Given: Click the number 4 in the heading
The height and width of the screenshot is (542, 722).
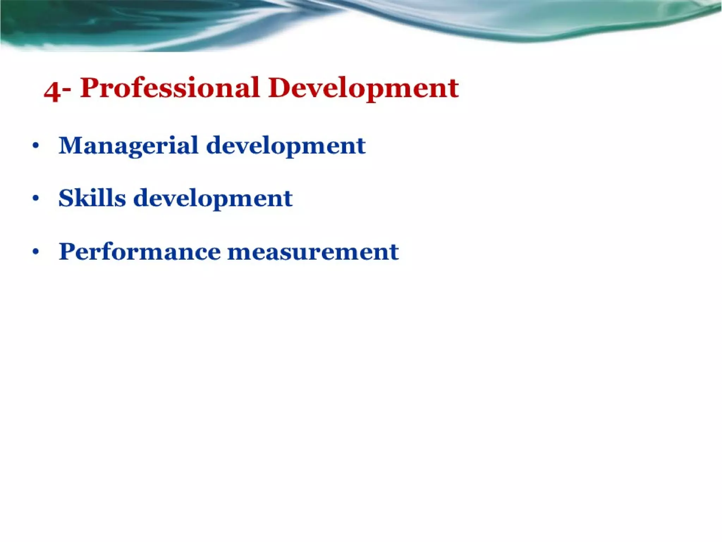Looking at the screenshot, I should click(x=52, y=91).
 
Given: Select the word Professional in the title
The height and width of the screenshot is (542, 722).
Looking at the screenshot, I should click(x=170, y=88).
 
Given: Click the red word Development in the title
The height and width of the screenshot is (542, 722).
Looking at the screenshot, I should click(x=363, y=89).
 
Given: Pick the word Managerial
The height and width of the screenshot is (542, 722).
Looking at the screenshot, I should click(x=129, y=146).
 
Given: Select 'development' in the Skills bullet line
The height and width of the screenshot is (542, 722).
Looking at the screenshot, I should click(x=213, y=199).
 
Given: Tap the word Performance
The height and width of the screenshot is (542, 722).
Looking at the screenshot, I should click(x=140, y=252).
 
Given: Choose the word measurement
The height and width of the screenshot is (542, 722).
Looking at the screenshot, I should click(x=313, y=252).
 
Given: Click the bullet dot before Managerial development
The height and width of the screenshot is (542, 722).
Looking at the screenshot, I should click(x=35, y=146).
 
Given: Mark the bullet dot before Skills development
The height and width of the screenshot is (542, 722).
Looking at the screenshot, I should click(x=35, y=198).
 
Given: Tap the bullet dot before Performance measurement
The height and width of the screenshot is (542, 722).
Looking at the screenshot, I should click(x=35, y=252).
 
